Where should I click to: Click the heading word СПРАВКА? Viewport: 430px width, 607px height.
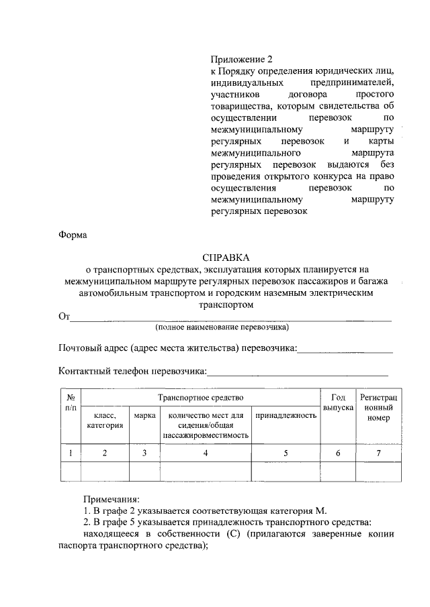226,258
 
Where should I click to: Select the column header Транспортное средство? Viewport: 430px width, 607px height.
200,398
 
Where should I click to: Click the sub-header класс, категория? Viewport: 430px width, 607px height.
105,421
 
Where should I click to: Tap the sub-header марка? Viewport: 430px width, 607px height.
144,416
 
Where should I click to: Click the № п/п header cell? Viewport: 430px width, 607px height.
71,402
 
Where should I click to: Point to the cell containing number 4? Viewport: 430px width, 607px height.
206,453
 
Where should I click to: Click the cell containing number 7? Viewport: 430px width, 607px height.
378,453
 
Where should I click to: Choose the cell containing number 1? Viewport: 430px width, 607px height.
71,453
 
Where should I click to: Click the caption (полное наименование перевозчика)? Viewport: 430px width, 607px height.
222,328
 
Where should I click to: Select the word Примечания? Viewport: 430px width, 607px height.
112,500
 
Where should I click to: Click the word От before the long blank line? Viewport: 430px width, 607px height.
64,317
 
